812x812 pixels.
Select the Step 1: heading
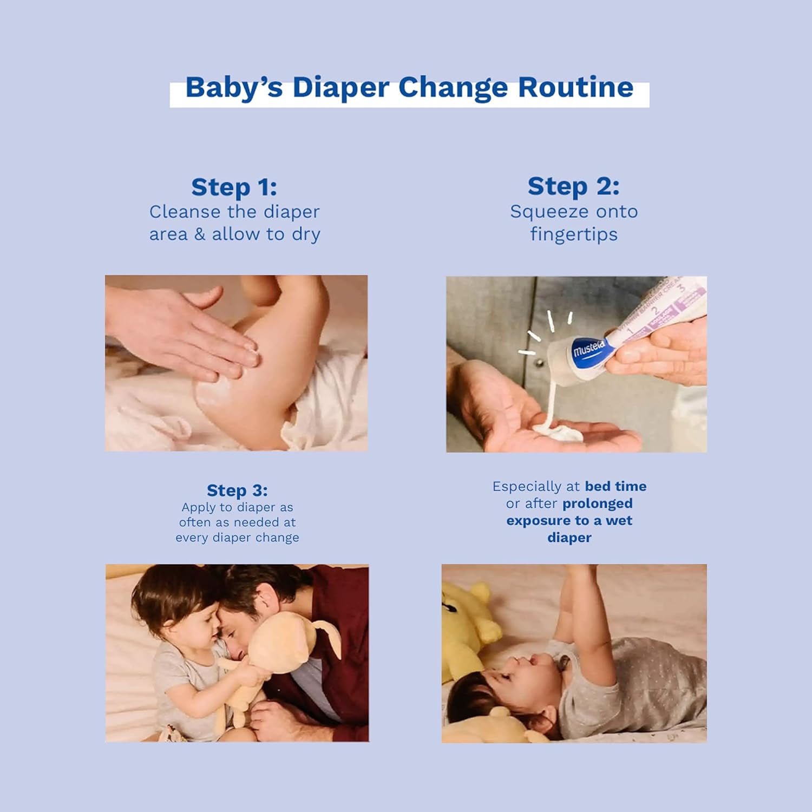point(234,187)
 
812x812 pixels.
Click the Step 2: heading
point(573,186)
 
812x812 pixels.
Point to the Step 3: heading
point(237,490)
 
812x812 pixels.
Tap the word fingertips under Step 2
point(574,234)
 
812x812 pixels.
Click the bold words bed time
point(615,486)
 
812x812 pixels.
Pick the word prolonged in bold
point(598,503)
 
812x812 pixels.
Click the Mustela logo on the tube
point(588,350)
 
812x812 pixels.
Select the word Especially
point(527,487)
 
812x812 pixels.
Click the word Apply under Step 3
point(199,508)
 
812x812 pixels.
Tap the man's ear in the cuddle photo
point(264,600)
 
